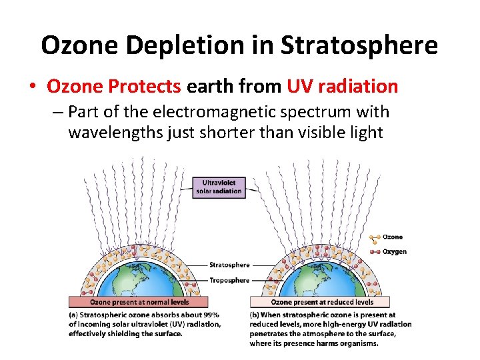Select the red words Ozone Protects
(115, 87)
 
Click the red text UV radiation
(343, 87)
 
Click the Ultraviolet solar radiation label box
(219, 187)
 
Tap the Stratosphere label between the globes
(229, 265)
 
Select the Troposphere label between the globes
(229, 281)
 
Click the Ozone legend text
(393, 237)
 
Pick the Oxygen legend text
(395, 252)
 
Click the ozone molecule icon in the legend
(374, 237)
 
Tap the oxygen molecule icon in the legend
(374, 252)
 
